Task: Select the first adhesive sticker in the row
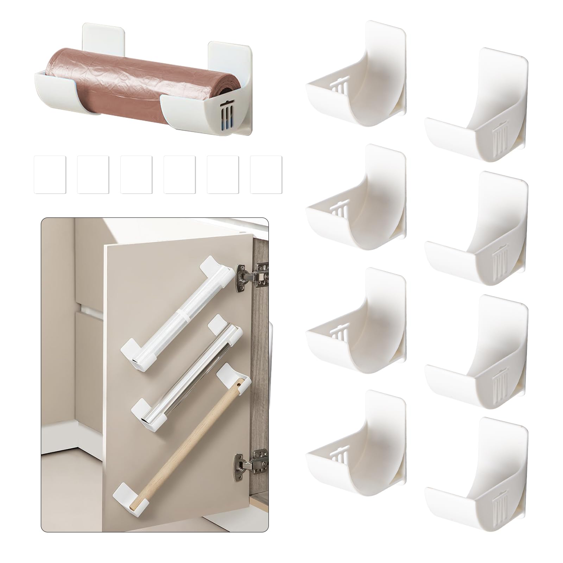[x=50, y=175]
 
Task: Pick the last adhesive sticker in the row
[x=266, y=175]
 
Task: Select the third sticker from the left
[x=136, y=175]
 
